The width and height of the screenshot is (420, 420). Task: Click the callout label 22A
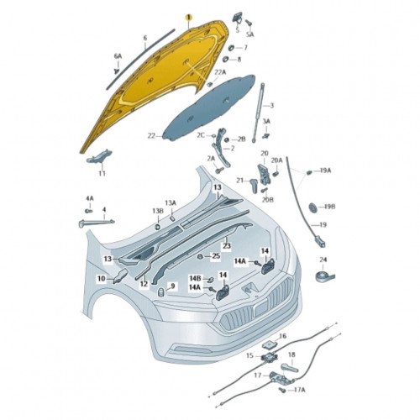[220, 72]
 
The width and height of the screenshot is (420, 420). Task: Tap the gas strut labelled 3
[258, 113]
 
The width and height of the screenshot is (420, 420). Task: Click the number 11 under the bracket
[102, 173]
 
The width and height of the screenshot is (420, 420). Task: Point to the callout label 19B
[329, 207]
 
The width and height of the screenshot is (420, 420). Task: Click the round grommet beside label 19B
[312, 207]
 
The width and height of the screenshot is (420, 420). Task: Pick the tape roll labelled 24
[325, 276]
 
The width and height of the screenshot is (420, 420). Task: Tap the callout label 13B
[158, 211]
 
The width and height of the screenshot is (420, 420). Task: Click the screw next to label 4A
[88, 210]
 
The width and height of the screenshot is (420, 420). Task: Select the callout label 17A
[299, 390]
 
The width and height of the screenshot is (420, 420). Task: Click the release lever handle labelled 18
[291, 368]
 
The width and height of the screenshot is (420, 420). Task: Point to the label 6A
[118, 56]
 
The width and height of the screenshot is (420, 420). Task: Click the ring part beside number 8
[225, 60]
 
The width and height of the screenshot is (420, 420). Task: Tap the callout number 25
[216, 256]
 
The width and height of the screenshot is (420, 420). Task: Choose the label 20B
[268, 200]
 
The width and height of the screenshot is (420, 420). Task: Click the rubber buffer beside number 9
[160, 291]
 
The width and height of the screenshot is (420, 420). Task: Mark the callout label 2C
[201, 135]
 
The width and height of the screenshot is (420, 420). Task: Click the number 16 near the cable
[283, 336]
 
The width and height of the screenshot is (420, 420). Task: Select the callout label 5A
[250, 34]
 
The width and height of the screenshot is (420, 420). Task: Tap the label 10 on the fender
[102, 279]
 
